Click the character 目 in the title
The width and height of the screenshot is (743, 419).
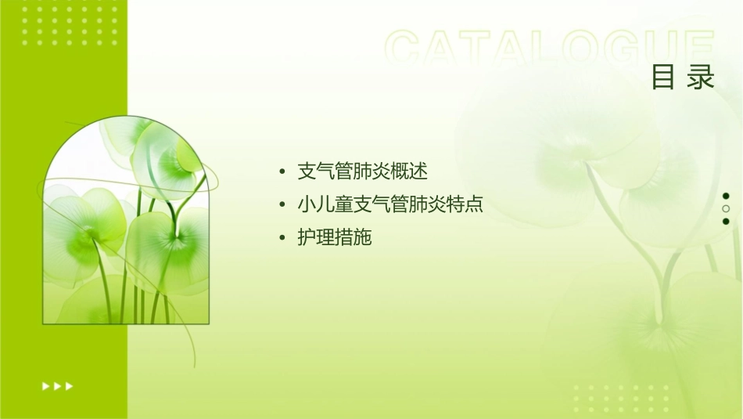point(663,77)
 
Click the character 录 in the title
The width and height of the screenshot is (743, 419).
point(702,77)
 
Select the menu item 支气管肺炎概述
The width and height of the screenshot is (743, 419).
point(362,172)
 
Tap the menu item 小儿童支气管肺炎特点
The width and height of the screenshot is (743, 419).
point(389,205)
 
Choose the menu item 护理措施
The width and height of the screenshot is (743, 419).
point(334,238)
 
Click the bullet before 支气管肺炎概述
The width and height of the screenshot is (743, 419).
point(282,172)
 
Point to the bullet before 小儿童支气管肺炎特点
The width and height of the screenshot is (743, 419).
point(282,206)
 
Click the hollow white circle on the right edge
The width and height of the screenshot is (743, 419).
point(726,209)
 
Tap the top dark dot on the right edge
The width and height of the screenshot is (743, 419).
point(726,196)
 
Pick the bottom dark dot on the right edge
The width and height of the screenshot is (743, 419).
point(726,222)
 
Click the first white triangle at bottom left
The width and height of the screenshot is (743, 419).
point(45,385)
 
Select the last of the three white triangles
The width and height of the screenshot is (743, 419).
point(70,385)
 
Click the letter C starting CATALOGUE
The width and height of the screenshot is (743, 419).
point(407,49)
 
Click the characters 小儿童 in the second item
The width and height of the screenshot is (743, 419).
point(325,205)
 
